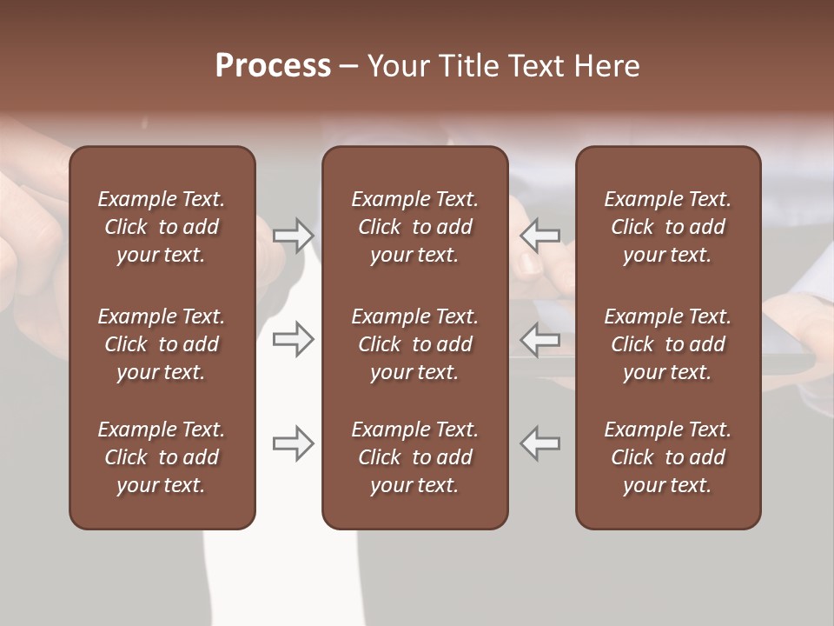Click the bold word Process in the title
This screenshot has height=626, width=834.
(273, 66)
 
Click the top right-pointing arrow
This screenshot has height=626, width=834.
(293, 236)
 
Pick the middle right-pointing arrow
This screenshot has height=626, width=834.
(293, 339)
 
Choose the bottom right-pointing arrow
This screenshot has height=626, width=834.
(293, 443)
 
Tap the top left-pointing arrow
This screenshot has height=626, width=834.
(539, 236)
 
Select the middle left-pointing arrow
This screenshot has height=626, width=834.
(539, 339)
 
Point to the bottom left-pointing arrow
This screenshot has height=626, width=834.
(539, 443)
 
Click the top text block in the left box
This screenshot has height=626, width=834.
(162, 227)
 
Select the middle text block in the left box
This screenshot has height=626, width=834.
(162, 344)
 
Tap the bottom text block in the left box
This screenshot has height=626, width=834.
(162, 457)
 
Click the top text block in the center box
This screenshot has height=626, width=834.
(415, 227)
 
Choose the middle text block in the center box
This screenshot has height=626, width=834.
(415, 344)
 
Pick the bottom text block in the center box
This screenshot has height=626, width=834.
(415, 457)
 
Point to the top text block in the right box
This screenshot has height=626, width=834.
(668, 227)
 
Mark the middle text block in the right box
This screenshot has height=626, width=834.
(668, 344)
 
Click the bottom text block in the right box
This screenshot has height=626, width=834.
(668, 457)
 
